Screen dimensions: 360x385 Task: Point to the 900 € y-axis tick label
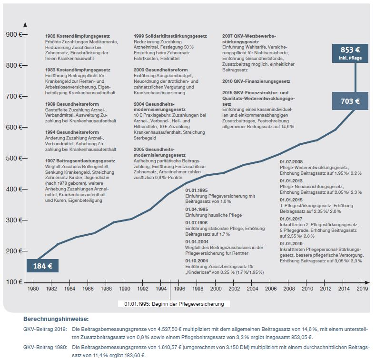point(13,34)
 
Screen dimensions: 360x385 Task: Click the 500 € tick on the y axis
point(13,158)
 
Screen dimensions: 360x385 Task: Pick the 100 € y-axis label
point(13,282)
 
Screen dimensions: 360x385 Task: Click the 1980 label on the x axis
point(33,289)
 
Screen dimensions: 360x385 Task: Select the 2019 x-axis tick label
point(362,289)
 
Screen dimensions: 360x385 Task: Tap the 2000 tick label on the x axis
point(216,289)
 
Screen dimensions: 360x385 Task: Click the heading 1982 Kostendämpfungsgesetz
point(78,36)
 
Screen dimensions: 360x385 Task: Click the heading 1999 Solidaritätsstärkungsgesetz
point(170,36)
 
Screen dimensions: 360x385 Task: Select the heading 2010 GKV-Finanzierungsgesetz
point(256,81)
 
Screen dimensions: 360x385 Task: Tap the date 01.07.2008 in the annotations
point(291,162)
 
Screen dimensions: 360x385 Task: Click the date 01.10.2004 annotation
point(196,261)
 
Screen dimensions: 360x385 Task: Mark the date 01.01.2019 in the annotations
point(291,243)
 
